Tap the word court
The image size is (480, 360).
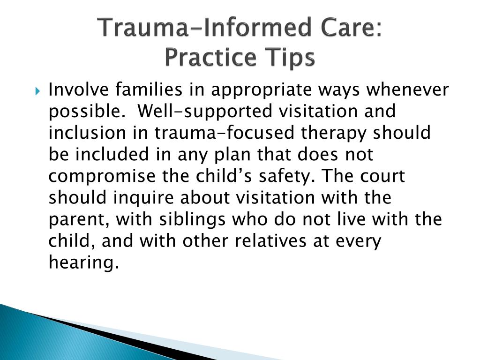coord(382,177)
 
